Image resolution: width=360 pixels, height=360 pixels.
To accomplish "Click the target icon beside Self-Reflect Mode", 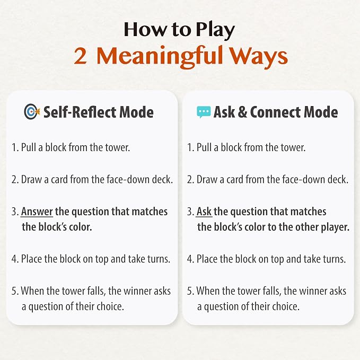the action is coord(32,111).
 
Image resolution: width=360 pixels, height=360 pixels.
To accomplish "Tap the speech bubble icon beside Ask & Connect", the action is coord(204,112).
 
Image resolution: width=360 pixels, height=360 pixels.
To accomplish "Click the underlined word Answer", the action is coord(37,212).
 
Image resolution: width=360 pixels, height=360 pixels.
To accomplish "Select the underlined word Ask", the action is coord(204,212).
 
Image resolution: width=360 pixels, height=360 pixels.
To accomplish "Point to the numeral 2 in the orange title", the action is coord(81,56).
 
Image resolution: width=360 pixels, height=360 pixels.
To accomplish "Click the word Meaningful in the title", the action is coord(160,57).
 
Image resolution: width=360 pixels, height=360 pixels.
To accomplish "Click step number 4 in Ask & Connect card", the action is coord(190,259).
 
